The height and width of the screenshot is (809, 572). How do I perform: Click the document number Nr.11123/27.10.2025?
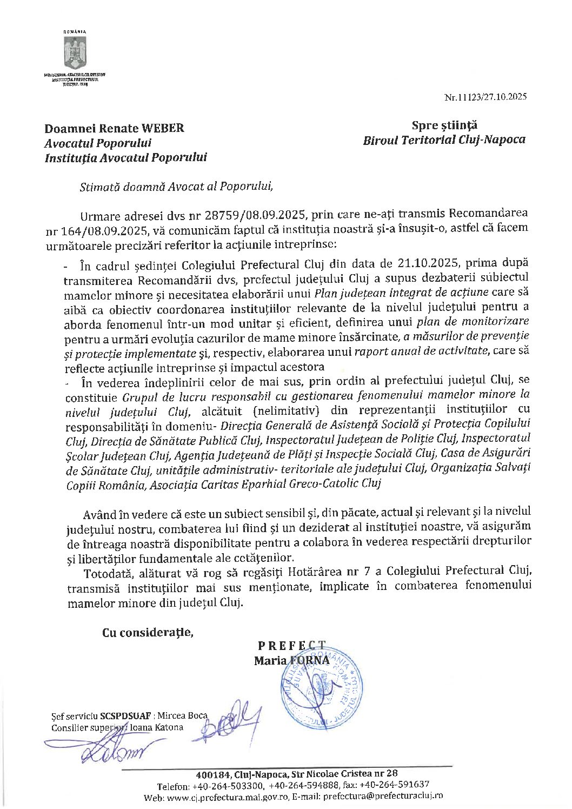coord(485,97)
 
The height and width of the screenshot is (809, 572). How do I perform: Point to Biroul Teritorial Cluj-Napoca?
coord(444,140)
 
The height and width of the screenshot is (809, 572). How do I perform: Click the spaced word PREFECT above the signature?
coord(292,645)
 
